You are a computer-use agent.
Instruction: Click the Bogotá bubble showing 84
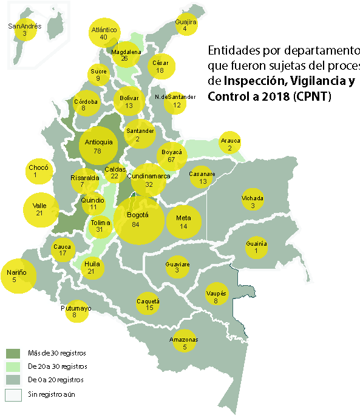139,220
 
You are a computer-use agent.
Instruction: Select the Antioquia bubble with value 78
99,146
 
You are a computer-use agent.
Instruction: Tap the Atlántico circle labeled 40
104,33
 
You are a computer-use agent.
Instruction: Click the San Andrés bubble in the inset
25,30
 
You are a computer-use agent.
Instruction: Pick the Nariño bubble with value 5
18,276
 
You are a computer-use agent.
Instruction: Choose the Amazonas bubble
184,343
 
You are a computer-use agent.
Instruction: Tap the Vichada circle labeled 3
253,202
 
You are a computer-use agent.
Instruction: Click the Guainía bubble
256,247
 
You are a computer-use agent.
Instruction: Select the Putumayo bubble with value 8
76,311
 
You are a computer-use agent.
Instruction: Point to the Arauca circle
230,143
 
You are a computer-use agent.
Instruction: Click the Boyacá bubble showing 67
171,156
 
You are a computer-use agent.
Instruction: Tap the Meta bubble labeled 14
183,221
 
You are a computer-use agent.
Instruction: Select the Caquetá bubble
149,305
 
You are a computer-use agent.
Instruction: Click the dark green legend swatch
13,353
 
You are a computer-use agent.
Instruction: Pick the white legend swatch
13,395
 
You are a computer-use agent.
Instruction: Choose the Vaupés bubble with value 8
216,295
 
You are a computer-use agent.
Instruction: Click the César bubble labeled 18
161,67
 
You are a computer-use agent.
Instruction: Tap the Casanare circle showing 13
202,178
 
